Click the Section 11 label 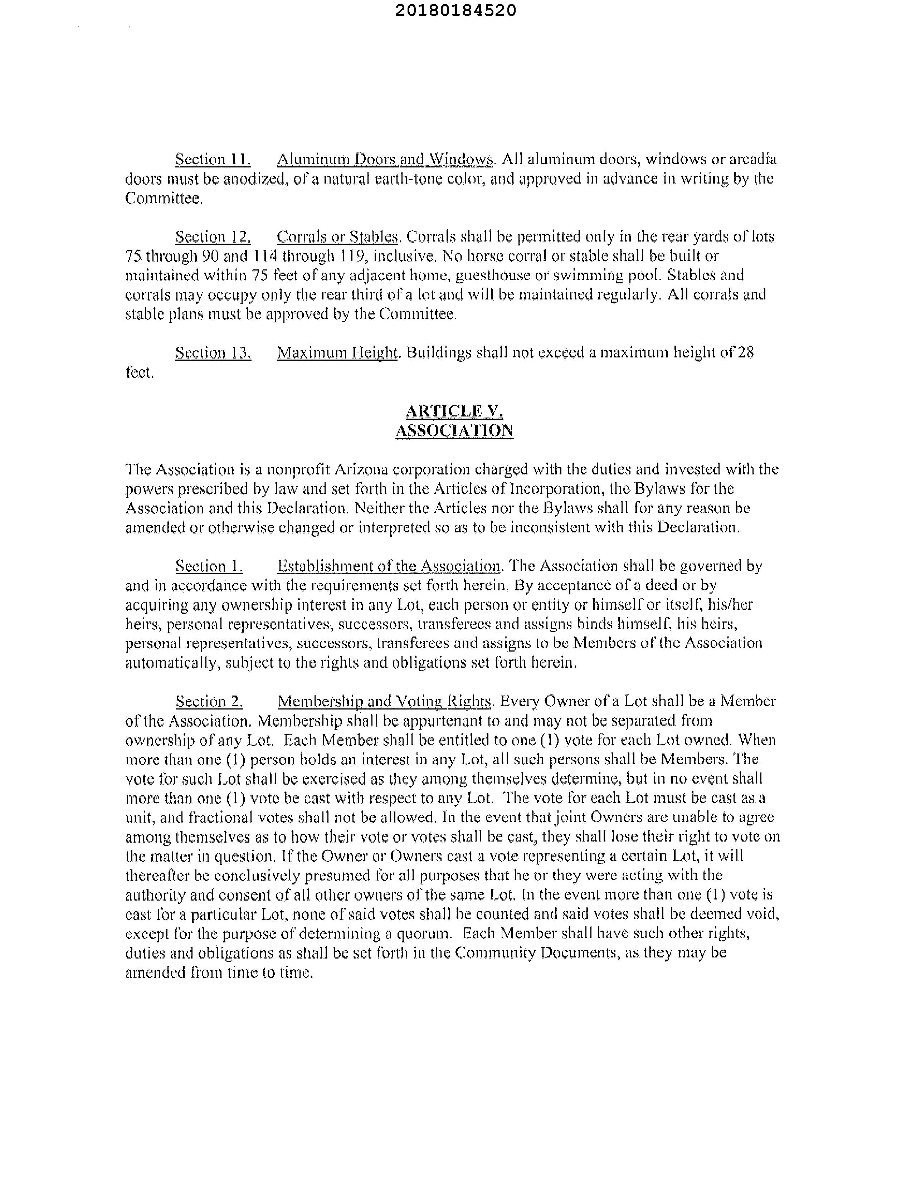[213, 160]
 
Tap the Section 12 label [213, 237]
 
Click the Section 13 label [213, 353]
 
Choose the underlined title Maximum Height [337, 353]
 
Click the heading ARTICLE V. [454, 411]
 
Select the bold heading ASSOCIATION [454, 431]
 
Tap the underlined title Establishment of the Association [389, 566]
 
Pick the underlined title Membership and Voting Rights [385, 702]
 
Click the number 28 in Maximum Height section [746, 353]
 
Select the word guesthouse [501, 275]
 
